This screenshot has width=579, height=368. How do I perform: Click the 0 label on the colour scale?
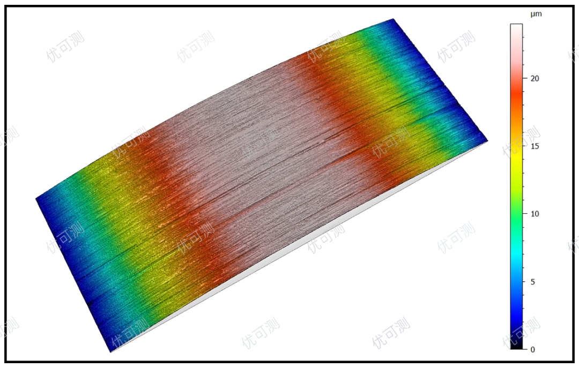532,349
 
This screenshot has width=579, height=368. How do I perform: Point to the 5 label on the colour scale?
532,282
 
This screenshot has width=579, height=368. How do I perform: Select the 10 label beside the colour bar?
535,214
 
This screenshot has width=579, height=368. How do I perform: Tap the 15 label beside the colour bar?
535,146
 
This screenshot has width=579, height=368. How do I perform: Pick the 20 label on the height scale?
535,78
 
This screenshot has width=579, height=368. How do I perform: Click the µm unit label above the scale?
536,14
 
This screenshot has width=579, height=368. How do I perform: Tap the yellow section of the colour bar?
516,155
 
